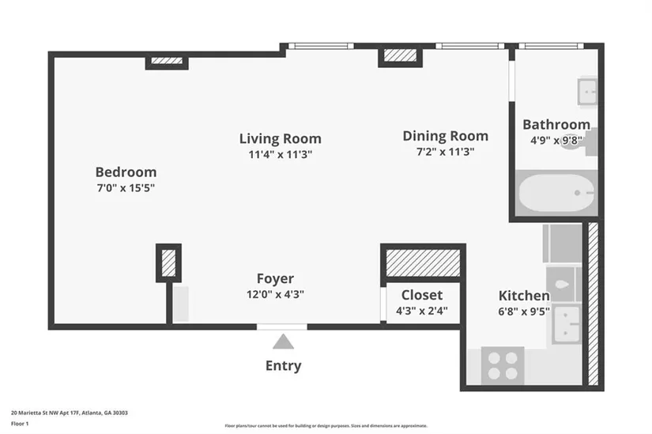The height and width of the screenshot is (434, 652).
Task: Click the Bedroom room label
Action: tap(126, 172)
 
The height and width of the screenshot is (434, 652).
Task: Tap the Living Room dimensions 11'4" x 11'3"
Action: tap(281, 154)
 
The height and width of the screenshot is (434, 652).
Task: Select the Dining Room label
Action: tap(446, 136)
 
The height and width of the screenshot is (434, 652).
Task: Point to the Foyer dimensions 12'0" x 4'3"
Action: tap(275, 294)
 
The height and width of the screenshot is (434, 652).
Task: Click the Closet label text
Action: tap(422, 295)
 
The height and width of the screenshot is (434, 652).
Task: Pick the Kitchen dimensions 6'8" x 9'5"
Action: tap(524, 311)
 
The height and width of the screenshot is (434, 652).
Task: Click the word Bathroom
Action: tap(556, 124)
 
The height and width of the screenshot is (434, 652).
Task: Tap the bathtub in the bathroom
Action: tap(556, 193)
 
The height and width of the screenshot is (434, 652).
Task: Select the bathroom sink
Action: tap(587, 91)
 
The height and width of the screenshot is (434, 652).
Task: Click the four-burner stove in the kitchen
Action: tap(503, 365)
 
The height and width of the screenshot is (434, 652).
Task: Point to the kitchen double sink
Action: tap(567, 324)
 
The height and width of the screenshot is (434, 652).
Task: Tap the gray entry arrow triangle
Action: tap(283, 342)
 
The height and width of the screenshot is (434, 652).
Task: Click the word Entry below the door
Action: tap(283, 366)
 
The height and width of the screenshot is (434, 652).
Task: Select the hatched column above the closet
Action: tap(423, 262)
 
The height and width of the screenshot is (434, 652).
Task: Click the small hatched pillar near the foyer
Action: tap(168, 262)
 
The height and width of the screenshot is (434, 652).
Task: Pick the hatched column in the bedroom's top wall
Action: tap(167, 61)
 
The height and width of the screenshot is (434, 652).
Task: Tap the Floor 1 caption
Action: tap(20, 424)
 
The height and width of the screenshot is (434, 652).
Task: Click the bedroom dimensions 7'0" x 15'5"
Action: tap(126, 188)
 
